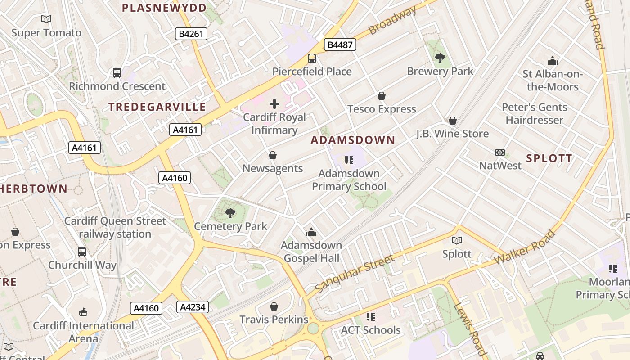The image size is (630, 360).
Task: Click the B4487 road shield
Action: click(340, 45)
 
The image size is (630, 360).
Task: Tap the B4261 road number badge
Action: click(191, 34)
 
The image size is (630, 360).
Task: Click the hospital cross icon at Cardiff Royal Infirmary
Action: click(274, 104)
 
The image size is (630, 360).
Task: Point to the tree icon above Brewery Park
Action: click(440, 58)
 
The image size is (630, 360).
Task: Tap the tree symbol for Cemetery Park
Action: click(230, 213)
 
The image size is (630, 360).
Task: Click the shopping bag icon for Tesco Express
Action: click(381, 96)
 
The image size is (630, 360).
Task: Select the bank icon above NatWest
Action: click(499, 153)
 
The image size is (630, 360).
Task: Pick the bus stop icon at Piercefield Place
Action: click(311, 58)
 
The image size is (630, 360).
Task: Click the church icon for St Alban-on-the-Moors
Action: click(552, 61)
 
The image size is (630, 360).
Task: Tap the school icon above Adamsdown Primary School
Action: click(349, 160)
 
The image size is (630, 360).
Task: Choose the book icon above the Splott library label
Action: click(457, 241)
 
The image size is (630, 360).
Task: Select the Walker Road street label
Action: click(525, 247)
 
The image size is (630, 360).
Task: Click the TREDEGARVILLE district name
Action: click(157, 107)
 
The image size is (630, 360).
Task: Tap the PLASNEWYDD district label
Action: click(164, 8)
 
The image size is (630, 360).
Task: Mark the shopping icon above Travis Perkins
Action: click(274, 307)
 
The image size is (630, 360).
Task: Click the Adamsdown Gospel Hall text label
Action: click(311, 252)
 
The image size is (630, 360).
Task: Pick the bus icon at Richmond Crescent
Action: click(117, 73)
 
